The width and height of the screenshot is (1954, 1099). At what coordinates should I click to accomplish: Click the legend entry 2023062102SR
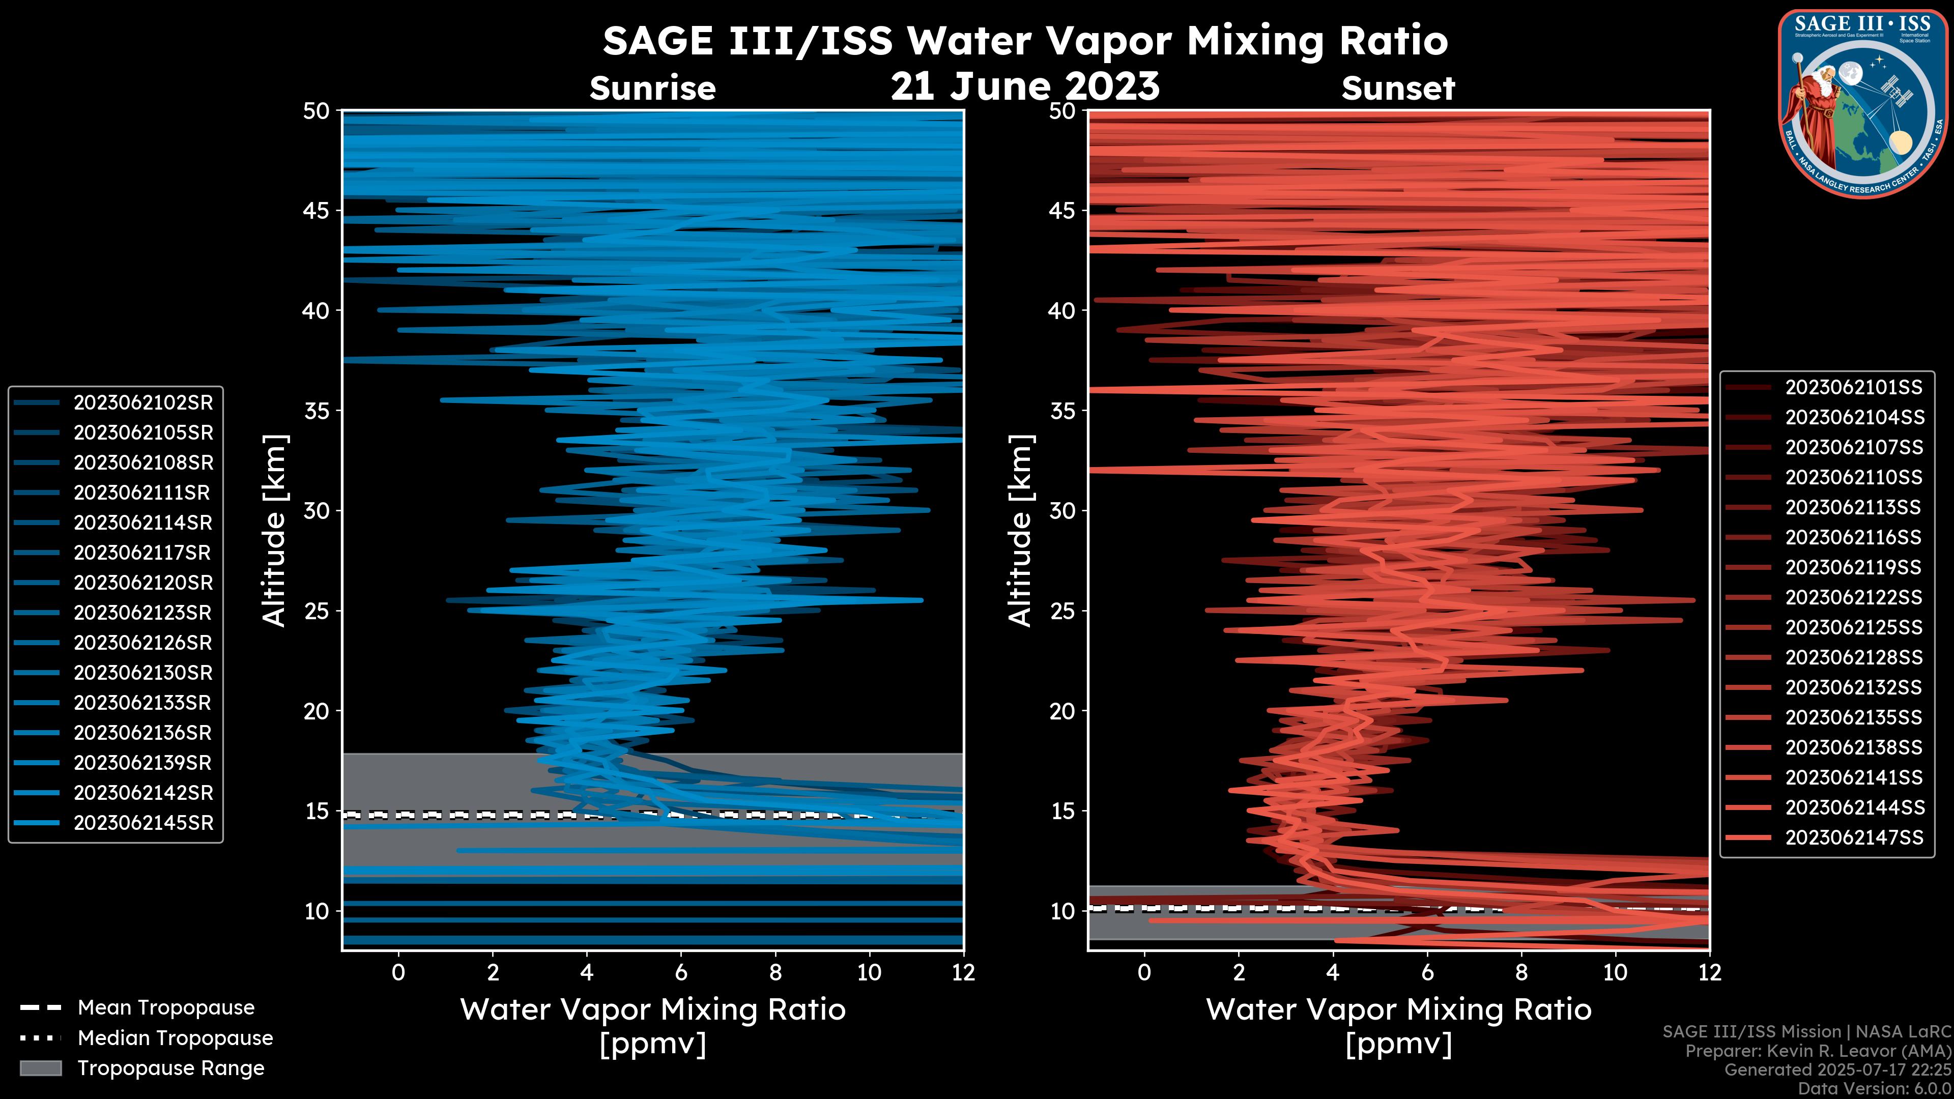click(142, 403)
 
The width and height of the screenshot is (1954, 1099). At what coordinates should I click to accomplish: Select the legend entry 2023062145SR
click(142, 823)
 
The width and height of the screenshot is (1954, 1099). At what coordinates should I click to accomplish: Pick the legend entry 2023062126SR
click(142, 643)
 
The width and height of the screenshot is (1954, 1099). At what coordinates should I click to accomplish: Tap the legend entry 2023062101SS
click(1853, 388)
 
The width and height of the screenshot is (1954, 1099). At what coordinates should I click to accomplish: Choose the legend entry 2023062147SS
click(1853, 837)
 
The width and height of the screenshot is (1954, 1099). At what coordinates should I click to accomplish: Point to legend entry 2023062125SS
click(1853, 628)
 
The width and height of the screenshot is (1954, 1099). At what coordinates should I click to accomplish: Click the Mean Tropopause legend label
click(166, 1008)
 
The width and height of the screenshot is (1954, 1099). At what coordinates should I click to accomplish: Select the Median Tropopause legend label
click(175, 1038)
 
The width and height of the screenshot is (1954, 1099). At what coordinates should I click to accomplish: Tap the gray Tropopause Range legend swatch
click(40, 1068)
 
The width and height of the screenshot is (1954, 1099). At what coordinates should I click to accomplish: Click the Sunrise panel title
click(652, 89)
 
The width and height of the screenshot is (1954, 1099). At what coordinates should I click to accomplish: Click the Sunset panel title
click(1398, 89)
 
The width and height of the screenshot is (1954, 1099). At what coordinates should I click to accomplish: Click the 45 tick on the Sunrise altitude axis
click(317, 211)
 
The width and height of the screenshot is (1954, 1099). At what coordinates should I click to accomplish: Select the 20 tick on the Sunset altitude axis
click(1062, 711)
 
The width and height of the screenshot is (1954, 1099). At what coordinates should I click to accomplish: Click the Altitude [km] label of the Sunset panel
click(1021, 531)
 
